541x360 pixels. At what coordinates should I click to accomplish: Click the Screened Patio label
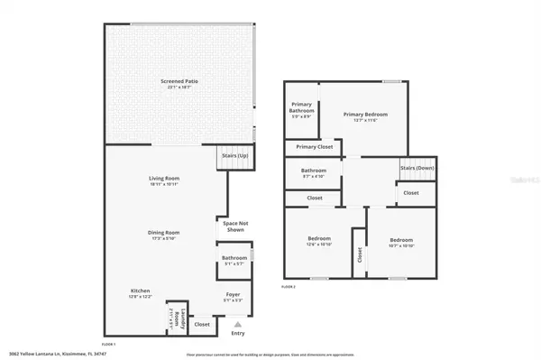click(179, 82)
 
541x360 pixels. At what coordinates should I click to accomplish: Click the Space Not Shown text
click(235, 226)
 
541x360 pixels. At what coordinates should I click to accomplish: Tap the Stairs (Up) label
click(235, 156)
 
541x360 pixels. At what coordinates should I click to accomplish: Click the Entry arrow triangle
click(237, 323)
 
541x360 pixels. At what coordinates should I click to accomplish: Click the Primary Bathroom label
click(301, 107)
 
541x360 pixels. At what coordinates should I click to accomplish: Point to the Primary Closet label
click(315, 146)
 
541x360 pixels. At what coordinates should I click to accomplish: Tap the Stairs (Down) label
click(417, 168)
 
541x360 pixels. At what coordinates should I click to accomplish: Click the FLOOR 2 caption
click(289, 285)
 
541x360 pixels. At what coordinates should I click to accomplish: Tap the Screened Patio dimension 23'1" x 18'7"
click(179, 88)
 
